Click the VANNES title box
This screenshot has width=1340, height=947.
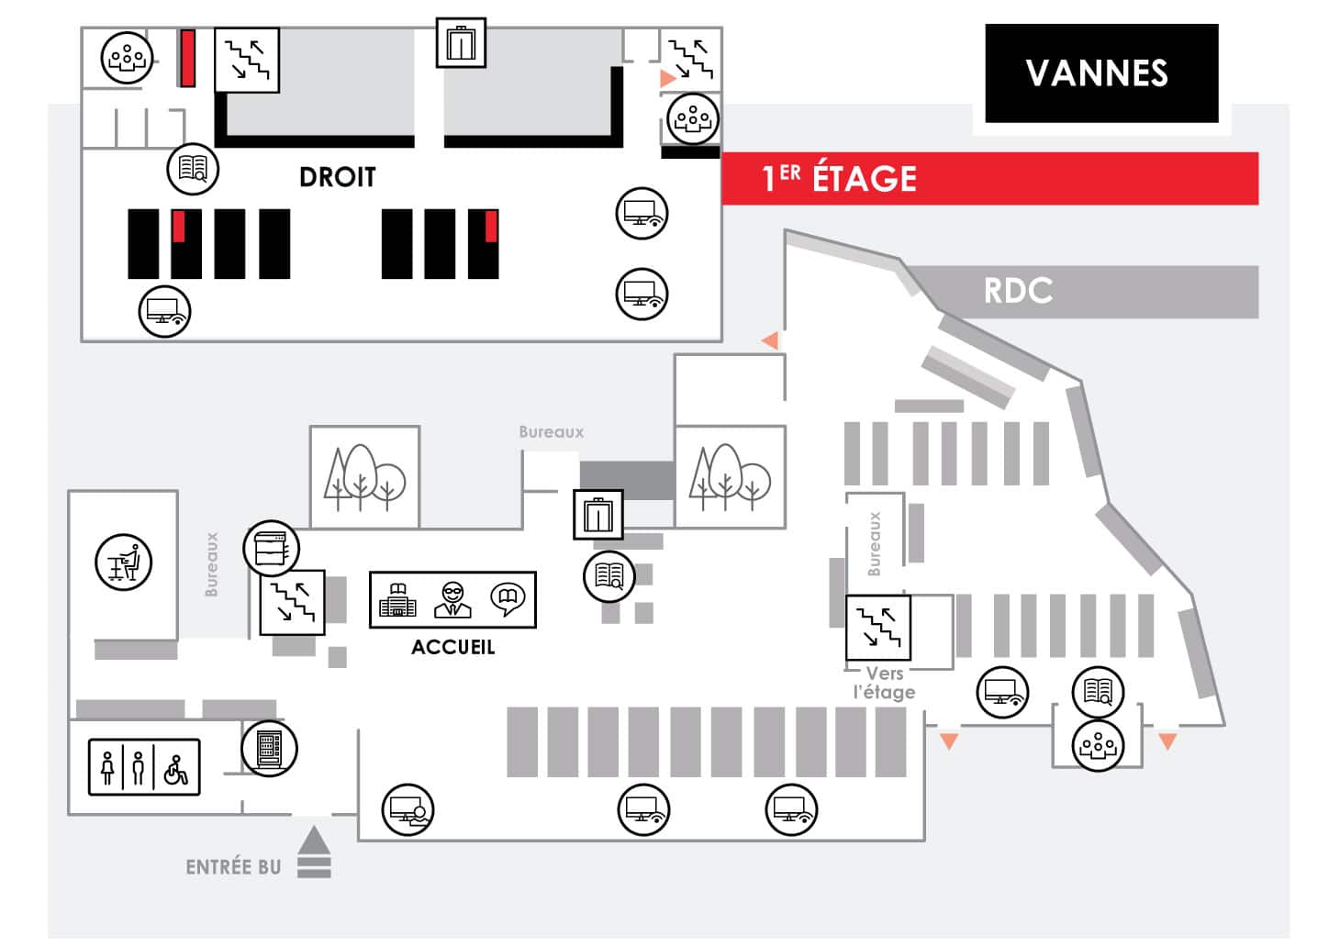(1100, 73)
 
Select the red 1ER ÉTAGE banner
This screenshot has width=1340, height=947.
(988, 178)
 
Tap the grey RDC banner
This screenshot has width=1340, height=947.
(1083, 292)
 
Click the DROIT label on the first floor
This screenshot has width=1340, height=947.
(337, 177)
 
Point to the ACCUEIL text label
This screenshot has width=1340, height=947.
(452, 647)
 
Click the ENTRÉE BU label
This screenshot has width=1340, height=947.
(233, 867)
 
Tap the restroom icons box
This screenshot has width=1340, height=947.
(144, 767)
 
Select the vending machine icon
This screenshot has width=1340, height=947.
(269, 748)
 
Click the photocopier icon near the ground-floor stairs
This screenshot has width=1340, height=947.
(272, 549)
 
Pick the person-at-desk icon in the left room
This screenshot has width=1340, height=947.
(123, 562)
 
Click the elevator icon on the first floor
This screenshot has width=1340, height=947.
(461, 43)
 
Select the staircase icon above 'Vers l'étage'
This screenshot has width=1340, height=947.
(877, 628)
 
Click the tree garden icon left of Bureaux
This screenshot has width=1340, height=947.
(364, 477)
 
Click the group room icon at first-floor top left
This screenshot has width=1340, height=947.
(127, 58)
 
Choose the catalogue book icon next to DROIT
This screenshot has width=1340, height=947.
(193, 168)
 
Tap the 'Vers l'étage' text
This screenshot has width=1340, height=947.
(884, 683)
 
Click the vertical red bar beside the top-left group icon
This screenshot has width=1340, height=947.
(187, 58)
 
